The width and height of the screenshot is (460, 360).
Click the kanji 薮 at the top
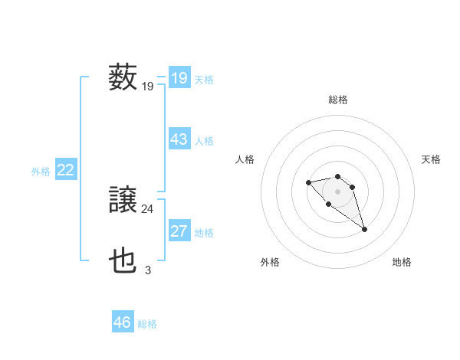123,78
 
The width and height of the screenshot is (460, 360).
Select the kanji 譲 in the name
123,201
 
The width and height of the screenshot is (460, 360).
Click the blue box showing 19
179,78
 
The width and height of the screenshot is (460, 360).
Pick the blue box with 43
179,139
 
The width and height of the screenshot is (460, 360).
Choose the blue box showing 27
179,231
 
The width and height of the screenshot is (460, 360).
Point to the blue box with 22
65,170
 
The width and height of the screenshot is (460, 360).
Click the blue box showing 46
123,322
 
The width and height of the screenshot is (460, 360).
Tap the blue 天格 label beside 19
204,79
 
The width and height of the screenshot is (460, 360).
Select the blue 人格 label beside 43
204,141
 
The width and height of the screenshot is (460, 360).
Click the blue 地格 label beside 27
204,233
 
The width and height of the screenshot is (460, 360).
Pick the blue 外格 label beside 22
41,172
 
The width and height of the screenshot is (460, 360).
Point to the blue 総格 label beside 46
147,324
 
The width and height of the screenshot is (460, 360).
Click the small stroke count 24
147,208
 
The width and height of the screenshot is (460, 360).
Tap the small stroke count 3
147,270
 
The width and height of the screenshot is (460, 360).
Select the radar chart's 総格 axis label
337,100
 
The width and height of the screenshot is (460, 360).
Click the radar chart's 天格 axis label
431,159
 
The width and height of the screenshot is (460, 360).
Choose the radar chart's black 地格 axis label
402,262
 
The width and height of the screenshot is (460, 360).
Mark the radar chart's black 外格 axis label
270,262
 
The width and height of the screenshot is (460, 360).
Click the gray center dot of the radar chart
337,191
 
